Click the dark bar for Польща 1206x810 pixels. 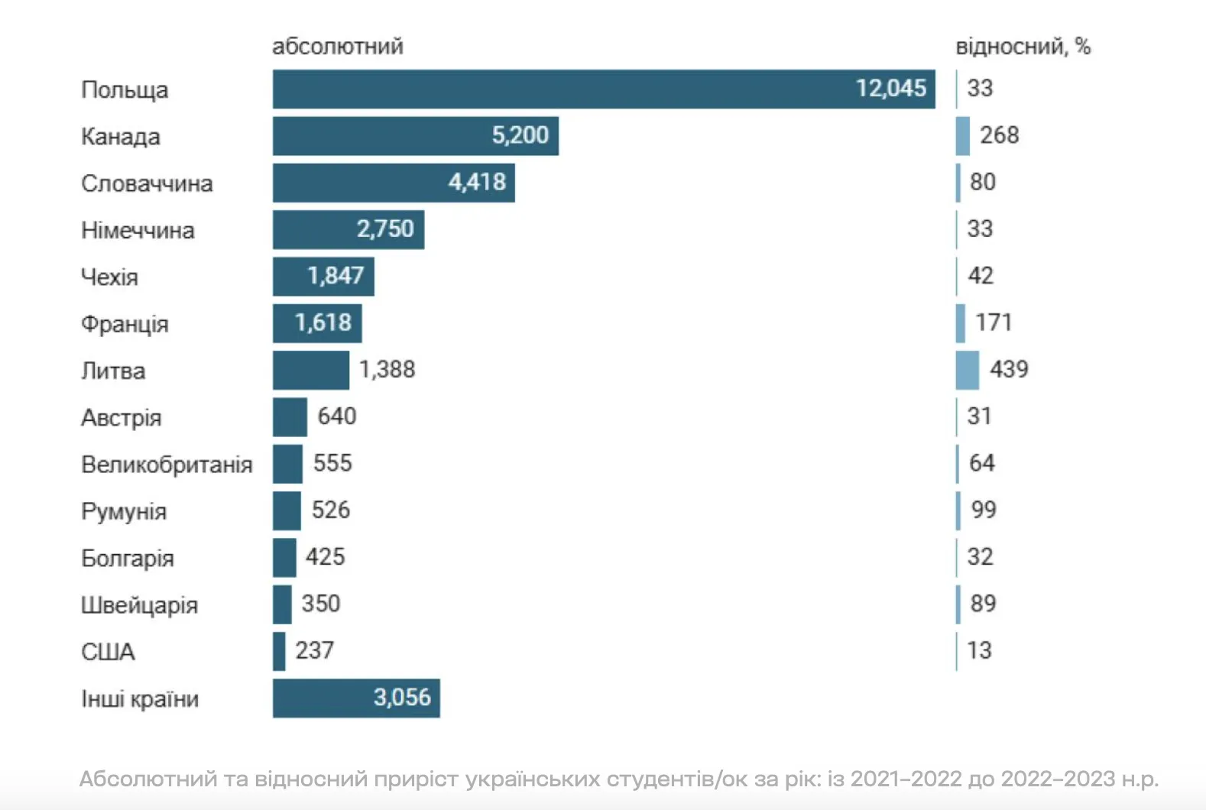point(604,89)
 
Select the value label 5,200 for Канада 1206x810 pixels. point(520,135)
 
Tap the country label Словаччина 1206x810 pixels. point(147,183)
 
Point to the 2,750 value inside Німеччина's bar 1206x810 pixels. point(385,228)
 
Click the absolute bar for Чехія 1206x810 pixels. point(323,276)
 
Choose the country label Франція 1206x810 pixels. point(125,324)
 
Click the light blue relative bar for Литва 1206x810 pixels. point(967,370)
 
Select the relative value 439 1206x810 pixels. point(1009,370)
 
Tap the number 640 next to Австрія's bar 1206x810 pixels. point(337,416)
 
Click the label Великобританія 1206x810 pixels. point(167,465)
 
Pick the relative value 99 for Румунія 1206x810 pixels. point(984,510)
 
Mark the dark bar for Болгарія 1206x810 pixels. point(284,557)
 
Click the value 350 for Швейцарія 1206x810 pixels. point(321,604)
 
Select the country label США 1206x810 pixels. point(108,652)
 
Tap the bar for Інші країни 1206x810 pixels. point(356,698)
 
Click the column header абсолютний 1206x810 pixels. point(338,47)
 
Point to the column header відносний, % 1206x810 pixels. point(1023,47)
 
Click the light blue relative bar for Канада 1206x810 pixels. point(963,136)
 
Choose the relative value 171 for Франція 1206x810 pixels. point(994,322)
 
